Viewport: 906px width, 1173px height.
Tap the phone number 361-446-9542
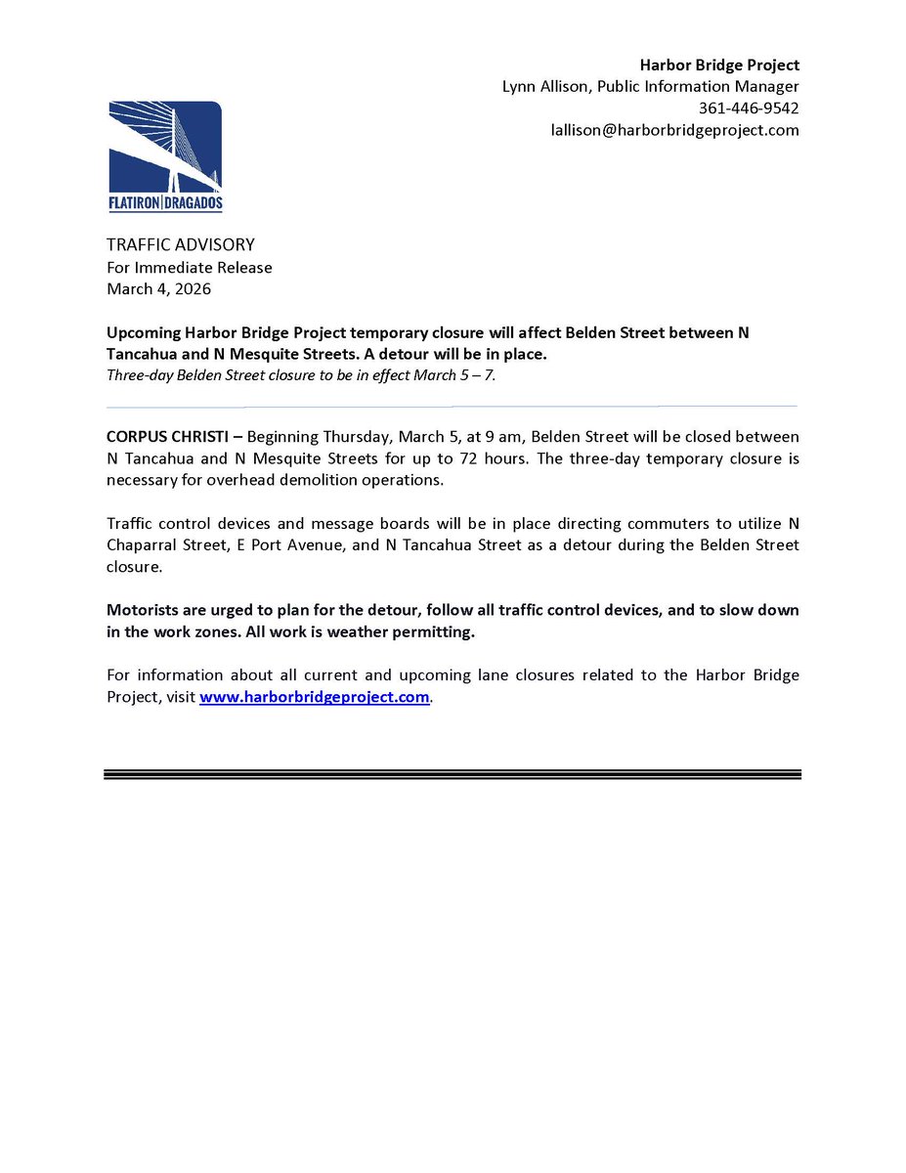pyautogui.click(x=748, y=108)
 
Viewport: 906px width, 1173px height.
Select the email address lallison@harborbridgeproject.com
pyautogui.click(x=674, y=129)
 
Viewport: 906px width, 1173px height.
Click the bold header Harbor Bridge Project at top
pyautogui.click(x=719, y=65)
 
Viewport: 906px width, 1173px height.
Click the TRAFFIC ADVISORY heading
pyautogui.click(x=180, y=244)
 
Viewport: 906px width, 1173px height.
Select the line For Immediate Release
pyautogui.click(x=189, y=267)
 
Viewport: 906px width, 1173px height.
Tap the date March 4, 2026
pyautogui.click(x=158, y=288)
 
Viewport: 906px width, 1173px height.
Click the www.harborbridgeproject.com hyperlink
pyautogui.click(x=314, y=697)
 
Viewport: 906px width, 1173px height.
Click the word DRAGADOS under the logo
pyautogui.click(x=193, y=204)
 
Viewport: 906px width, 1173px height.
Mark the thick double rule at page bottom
pyautogui.click(x=452, y=774)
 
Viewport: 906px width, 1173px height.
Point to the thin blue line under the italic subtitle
pyautogui.click(x=452, y=406)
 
